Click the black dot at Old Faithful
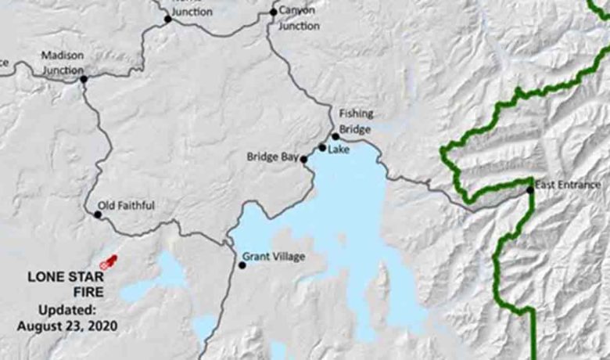coord(98,214)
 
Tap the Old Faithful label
coord(127,206)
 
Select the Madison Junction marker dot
coord(84,79)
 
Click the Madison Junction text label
coord(62,63)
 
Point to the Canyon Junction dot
coord(273,12)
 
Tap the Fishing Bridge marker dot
coord(335,136)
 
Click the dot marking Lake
coord(322,147)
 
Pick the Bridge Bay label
coord(273,157)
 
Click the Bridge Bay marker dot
coord(304,159)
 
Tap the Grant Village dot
coord(242,265)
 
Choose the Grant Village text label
coord(273,256)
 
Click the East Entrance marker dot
coord(530,189)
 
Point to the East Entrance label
coord(569,185)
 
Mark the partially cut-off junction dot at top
coord(167,18)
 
